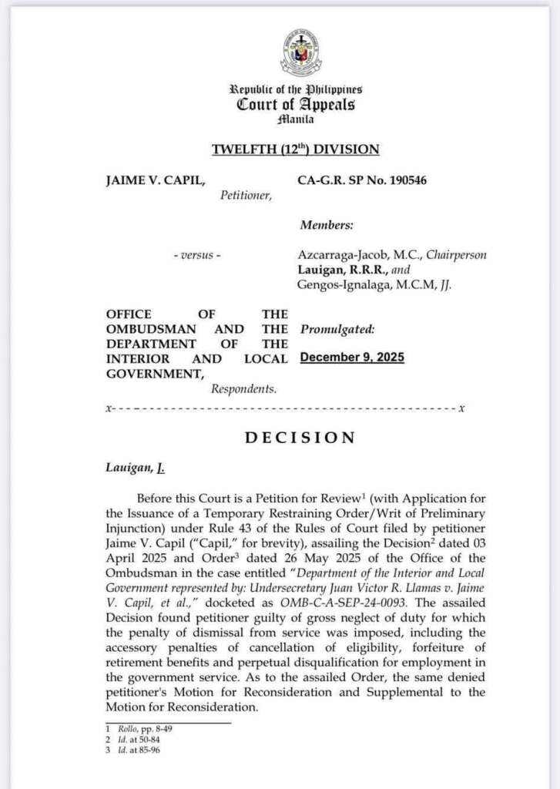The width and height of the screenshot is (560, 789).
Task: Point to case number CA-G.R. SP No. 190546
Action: tap(361, 180)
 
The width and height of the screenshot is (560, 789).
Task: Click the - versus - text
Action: tap(196, 255)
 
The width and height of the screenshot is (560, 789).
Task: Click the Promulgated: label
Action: tap(337, 329)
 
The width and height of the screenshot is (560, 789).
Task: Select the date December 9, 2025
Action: tap(352, 358)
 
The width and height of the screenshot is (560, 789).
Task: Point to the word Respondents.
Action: tap(243, 389)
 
